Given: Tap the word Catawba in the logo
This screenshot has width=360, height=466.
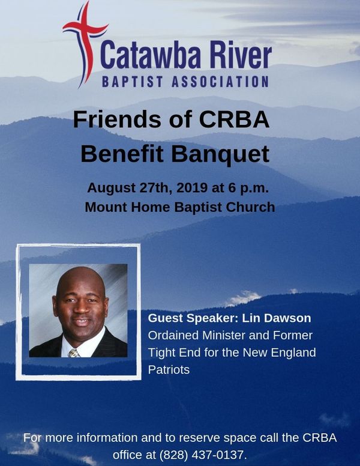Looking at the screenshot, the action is (151, 55).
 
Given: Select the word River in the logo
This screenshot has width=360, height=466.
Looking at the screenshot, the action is (241, 55).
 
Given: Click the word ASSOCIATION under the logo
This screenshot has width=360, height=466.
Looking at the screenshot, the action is (220, 82).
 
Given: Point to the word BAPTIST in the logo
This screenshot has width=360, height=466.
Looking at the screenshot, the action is (132, 82).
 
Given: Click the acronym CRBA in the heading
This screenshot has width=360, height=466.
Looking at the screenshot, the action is (234, 119).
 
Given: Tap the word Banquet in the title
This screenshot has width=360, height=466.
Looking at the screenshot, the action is (220, 154).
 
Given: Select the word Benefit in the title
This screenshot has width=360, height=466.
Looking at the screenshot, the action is (122, 154).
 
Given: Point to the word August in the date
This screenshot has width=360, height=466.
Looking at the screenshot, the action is (112, 188).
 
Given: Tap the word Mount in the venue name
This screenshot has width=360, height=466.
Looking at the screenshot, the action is (106, 207).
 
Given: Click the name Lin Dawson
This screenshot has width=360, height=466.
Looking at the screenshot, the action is (276, 318).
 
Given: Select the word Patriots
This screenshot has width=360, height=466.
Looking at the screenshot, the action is (169, 370).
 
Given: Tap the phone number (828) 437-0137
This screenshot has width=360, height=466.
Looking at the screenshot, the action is (203, 455).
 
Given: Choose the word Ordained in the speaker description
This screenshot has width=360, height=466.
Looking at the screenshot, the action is (173, 335).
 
